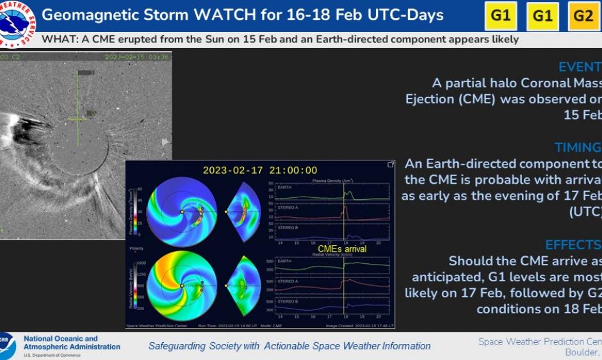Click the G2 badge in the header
click(x=583, y=16)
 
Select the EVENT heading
click(x=579, y=67)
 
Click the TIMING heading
click(x=577, y=147)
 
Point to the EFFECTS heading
click(x=573, y=245)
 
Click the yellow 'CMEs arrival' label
click(x=342, y=249)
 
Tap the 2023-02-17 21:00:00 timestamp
click(x=260, y=170)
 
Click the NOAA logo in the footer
click(x=7, y=346)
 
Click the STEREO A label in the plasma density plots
click(x=288, y=208)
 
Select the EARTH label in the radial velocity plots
click(x=285, y=261)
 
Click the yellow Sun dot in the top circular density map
click(x=182, y=211)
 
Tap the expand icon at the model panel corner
click(x=390, y=165)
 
